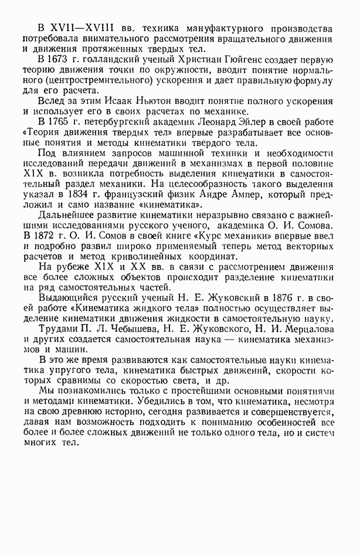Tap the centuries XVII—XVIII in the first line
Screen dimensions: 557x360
(72, 29)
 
